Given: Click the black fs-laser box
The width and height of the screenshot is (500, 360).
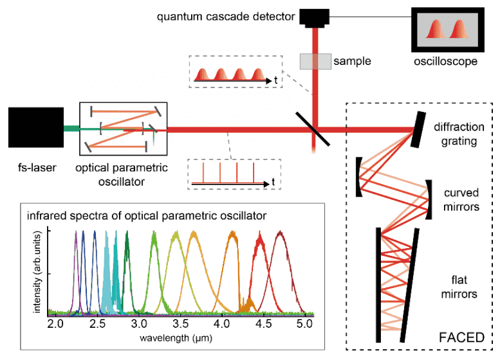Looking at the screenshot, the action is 36,127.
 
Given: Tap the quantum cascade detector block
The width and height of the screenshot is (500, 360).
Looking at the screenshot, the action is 315,18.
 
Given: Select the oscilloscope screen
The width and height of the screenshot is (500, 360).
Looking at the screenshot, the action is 448,30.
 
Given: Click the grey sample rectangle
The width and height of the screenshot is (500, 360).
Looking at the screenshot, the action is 315,62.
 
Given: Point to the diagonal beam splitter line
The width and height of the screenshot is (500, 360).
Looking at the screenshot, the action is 313,129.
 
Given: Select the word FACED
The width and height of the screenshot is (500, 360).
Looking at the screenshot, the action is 461,337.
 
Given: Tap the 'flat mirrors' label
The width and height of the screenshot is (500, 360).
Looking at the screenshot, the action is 459,287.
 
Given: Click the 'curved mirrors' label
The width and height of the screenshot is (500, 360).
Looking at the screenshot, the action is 461,200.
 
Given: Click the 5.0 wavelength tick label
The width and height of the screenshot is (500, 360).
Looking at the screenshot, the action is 304,324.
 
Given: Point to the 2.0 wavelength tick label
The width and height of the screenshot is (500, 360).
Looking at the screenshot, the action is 55,324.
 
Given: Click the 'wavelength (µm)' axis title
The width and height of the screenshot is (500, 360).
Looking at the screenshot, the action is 176,338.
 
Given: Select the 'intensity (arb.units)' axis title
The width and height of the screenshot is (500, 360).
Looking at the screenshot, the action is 37,272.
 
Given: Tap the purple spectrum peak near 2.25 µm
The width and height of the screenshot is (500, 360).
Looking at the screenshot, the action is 76,234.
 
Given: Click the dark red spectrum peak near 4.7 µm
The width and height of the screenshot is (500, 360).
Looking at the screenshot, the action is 280,235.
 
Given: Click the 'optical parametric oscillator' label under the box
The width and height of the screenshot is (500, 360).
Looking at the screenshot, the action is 122,175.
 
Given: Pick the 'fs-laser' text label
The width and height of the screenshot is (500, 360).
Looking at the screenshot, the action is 37,168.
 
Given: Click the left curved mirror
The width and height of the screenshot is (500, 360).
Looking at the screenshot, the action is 359,177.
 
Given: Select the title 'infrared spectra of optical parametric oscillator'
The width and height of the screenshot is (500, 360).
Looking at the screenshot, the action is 147,216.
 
